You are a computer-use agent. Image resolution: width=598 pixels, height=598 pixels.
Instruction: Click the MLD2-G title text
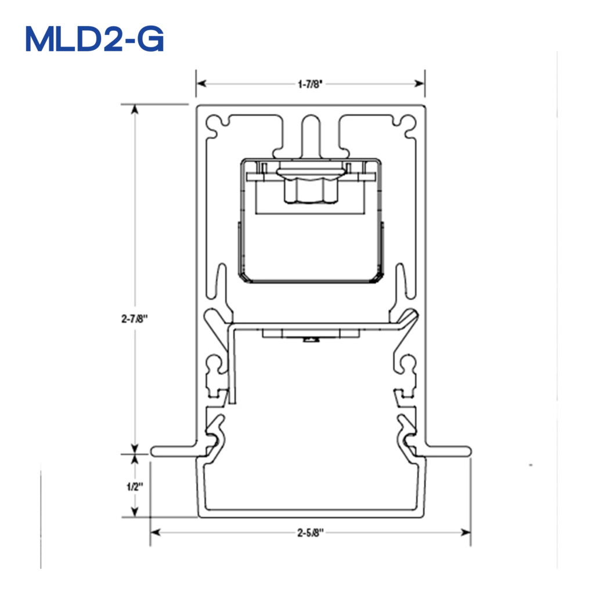click(x=95, y=39)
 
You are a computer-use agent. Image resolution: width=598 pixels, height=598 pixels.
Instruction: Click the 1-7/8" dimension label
click(x=310, y=84)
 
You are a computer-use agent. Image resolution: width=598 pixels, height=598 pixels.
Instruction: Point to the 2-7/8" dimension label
click(x=135, y=319)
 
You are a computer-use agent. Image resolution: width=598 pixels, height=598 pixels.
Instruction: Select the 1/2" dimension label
click(x=135, y=485)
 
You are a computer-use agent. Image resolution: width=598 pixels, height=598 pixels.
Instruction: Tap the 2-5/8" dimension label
click(x=310, y=533)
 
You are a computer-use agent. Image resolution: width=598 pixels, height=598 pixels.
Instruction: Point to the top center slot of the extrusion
click(x=311, y=131)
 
